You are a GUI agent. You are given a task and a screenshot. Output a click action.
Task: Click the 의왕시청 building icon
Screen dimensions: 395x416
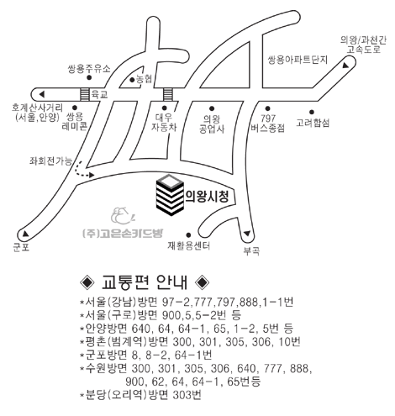click(x=170, y=195)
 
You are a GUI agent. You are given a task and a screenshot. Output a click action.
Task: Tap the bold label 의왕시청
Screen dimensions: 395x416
click(x=207, y=197)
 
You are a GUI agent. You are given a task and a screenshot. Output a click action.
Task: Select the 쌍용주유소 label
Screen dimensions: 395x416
click(x=89, y=69)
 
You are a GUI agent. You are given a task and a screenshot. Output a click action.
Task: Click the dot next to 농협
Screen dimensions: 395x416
click(x=132, y=80)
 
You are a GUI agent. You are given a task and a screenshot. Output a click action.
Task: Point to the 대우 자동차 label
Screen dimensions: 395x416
click(x=164, y=123)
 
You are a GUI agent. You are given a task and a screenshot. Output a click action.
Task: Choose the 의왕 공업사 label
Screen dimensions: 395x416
click(x=212, y=124)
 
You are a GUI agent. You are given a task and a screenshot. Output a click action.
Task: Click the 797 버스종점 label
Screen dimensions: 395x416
click(x=268, y=123)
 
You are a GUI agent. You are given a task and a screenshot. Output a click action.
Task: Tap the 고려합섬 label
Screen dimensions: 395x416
click(x=313, y=123)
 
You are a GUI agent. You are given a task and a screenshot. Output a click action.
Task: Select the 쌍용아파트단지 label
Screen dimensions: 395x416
click(x=298, y=60)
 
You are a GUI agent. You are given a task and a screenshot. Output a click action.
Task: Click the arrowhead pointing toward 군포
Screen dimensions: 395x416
click(x=25, y=233)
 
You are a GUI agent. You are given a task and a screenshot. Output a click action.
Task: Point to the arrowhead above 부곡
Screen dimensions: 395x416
click(x=247, y=233)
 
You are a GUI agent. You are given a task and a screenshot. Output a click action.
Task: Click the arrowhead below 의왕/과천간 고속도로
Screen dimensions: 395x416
click(x=346, y=66)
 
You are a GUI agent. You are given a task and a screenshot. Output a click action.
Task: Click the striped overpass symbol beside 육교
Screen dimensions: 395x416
click(x=85, y=94)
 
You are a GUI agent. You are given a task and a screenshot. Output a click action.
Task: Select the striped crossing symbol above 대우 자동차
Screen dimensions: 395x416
click(x=168, y=94)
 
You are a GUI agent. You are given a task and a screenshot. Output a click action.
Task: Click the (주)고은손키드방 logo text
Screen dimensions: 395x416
click(x=123, y=233)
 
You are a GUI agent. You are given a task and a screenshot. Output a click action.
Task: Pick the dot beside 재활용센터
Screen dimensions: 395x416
click(x=188, y=234)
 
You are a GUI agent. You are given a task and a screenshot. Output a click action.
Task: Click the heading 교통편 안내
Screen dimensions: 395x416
click(x=145, y=282)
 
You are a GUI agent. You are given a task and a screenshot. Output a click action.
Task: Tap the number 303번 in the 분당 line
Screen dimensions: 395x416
click(x=187, y=395)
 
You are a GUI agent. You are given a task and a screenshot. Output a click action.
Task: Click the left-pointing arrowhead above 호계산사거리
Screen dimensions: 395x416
click(x=42, y=94)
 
